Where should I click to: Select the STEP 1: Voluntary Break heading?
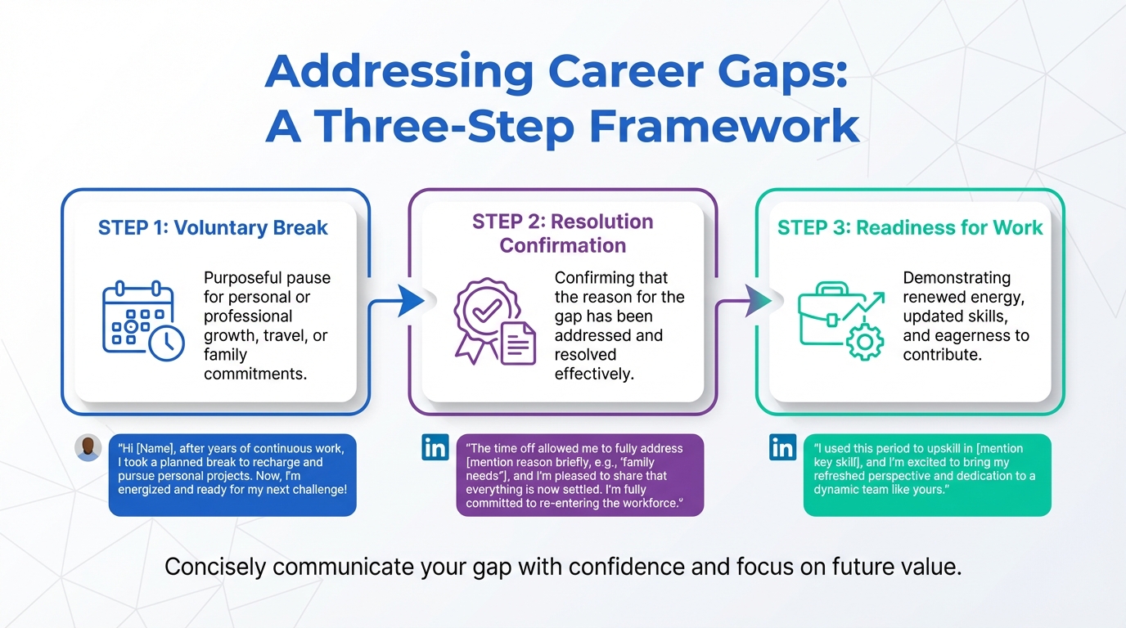click(x=213, y=227)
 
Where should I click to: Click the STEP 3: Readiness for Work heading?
click(x=910, y=227)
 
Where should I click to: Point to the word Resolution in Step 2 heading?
click(x=601, y=222)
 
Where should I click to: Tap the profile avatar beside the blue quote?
click(x=88, y=447)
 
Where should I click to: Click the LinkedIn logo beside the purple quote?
click(x=435, y=447)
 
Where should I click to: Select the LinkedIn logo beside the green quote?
click(x=783, y=447)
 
